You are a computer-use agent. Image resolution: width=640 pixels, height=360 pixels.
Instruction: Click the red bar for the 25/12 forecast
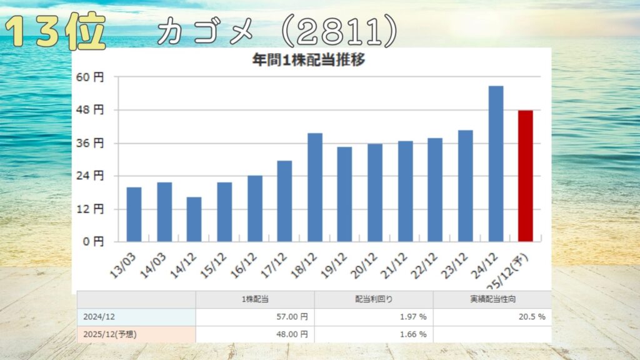[x=526, y=176]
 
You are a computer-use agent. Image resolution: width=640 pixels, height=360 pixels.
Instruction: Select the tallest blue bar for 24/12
[x=496, y=164]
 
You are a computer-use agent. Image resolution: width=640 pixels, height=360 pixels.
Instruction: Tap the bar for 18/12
[x=315, y=187]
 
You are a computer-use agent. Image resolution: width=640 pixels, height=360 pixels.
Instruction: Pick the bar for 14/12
[x=194, y=219]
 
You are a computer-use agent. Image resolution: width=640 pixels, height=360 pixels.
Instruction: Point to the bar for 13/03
[x=134, y=214]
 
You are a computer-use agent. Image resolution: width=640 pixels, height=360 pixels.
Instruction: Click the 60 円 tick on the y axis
[x=89, y=77]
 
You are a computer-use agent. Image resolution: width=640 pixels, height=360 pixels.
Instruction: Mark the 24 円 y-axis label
[x=89, y=176]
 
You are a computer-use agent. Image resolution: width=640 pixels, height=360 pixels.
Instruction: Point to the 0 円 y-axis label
[x=92, y=241]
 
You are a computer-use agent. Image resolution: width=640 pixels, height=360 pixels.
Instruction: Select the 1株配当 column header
[x=255, y=299]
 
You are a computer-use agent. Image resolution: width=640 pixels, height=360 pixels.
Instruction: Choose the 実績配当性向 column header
[x=492, y=299]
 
